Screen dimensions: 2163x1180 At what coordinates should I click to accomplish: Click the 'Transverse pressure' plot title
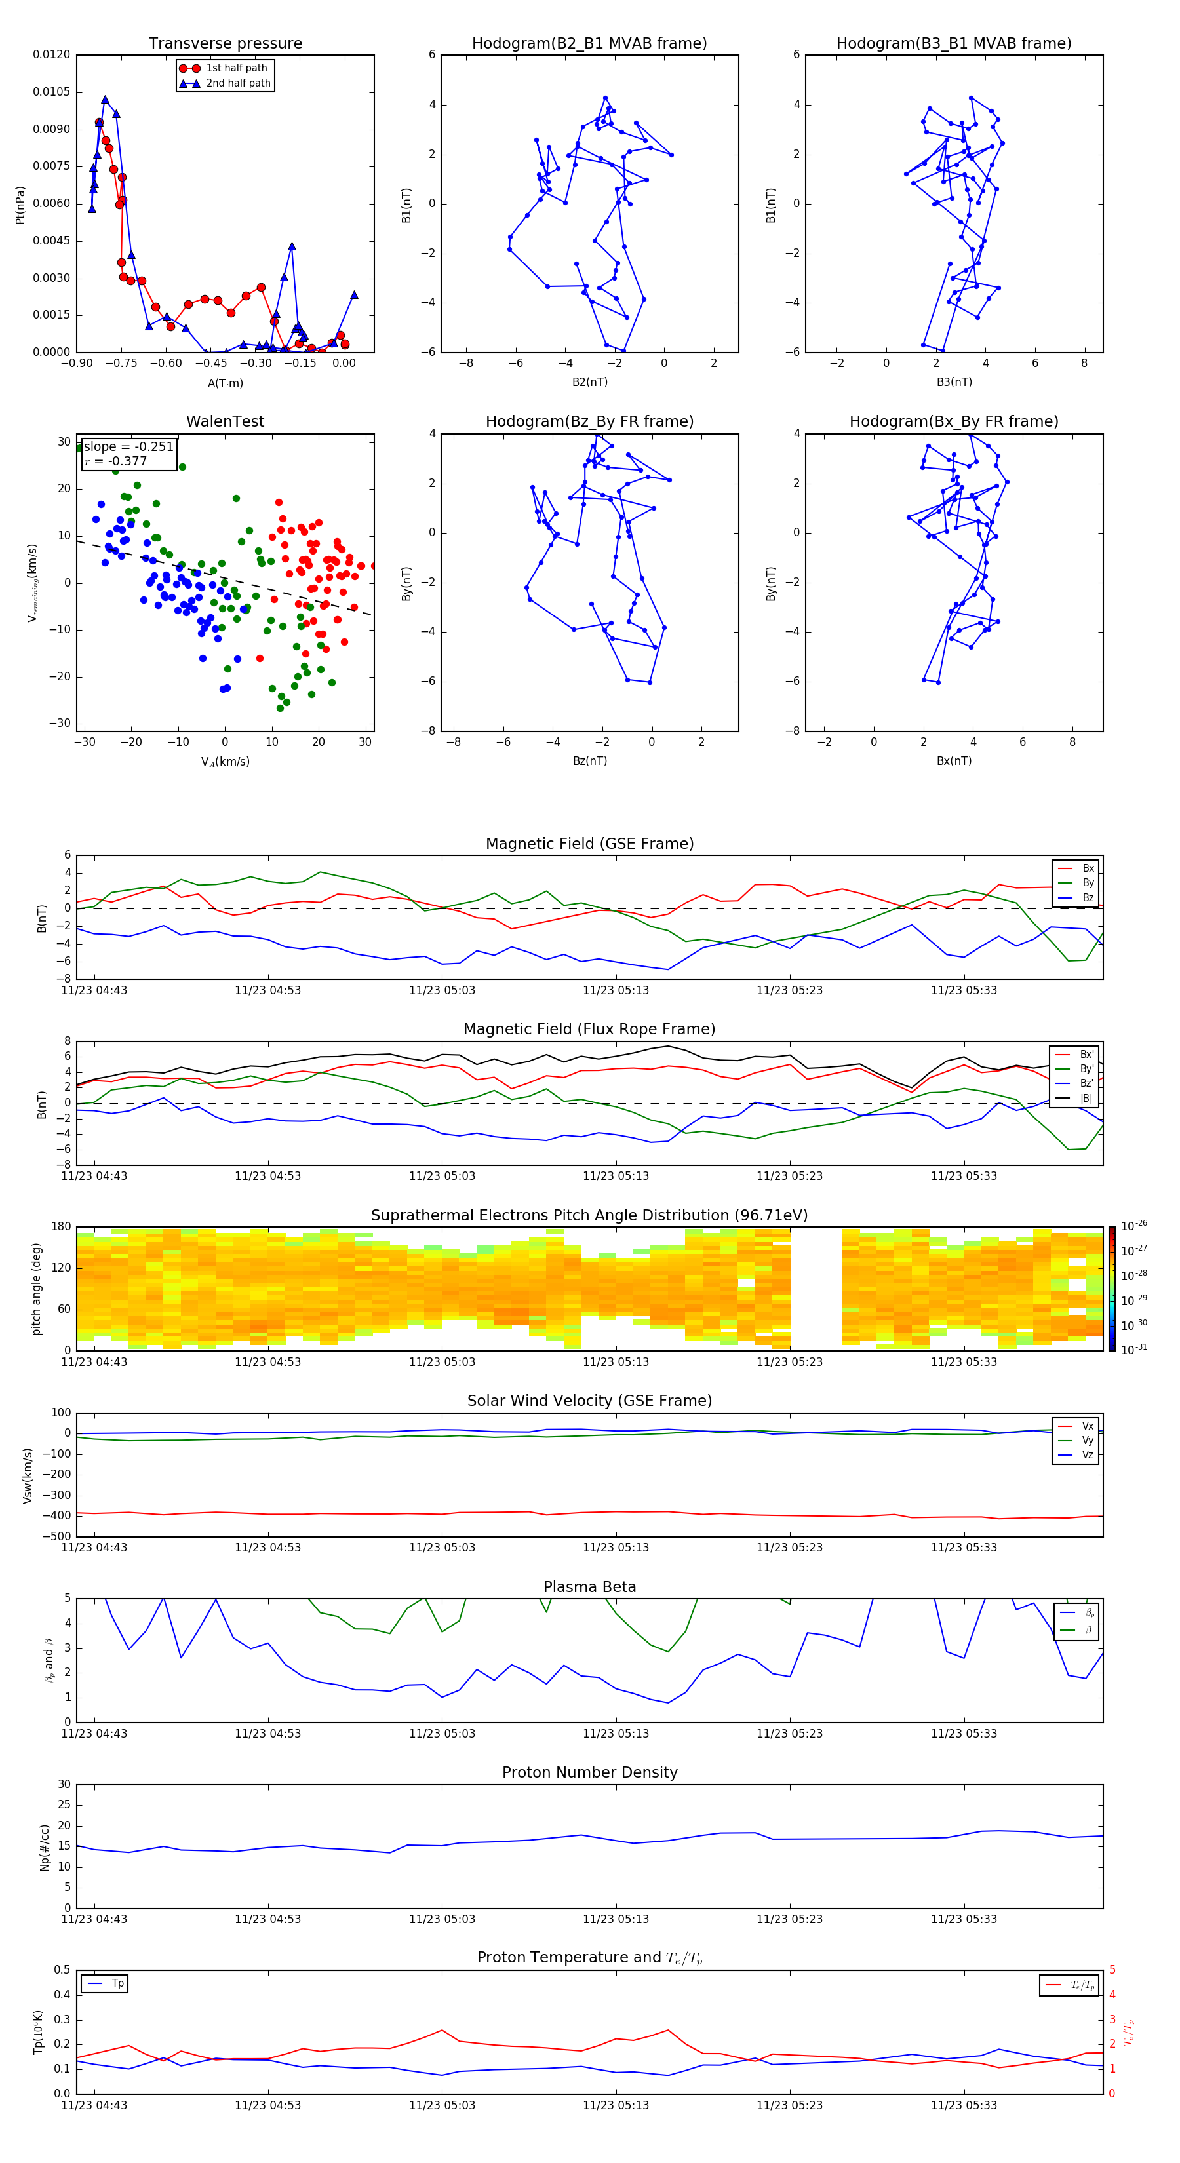tap(225, 44)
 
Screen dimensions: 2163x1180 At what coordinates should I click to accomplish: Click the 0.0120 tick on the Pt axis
tap(51, 54)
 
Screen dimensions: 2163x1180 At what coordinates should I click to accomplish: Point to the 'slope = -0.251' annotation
tap(128, 447)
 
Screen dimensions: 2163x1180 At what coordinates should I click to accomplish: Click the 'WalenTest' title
tap(225, 421)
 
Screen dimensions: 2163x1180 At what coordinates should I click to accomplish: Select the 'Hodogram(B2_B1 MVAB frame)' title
tap(589, 44)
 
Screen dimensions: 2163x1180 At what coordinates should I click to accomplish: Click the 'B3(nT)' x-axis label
tap(954, 382)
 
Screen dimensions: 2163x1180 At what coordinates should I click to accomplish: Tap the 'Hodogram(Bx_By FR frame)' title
tap(953, 421)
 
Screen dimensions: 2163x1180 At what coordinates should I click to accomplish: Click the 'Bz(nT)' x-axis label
tap(589, 761)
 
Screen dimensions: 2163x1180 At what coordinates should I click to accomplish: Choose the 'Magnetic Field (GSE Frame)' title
tap(589, 844)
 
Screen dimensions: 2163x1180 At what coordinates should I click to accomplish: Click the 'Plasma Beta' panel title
tap(589, 1587)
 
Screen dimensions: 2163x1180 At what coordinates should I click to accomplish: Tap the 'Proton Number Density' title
tap(589, 1772)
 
